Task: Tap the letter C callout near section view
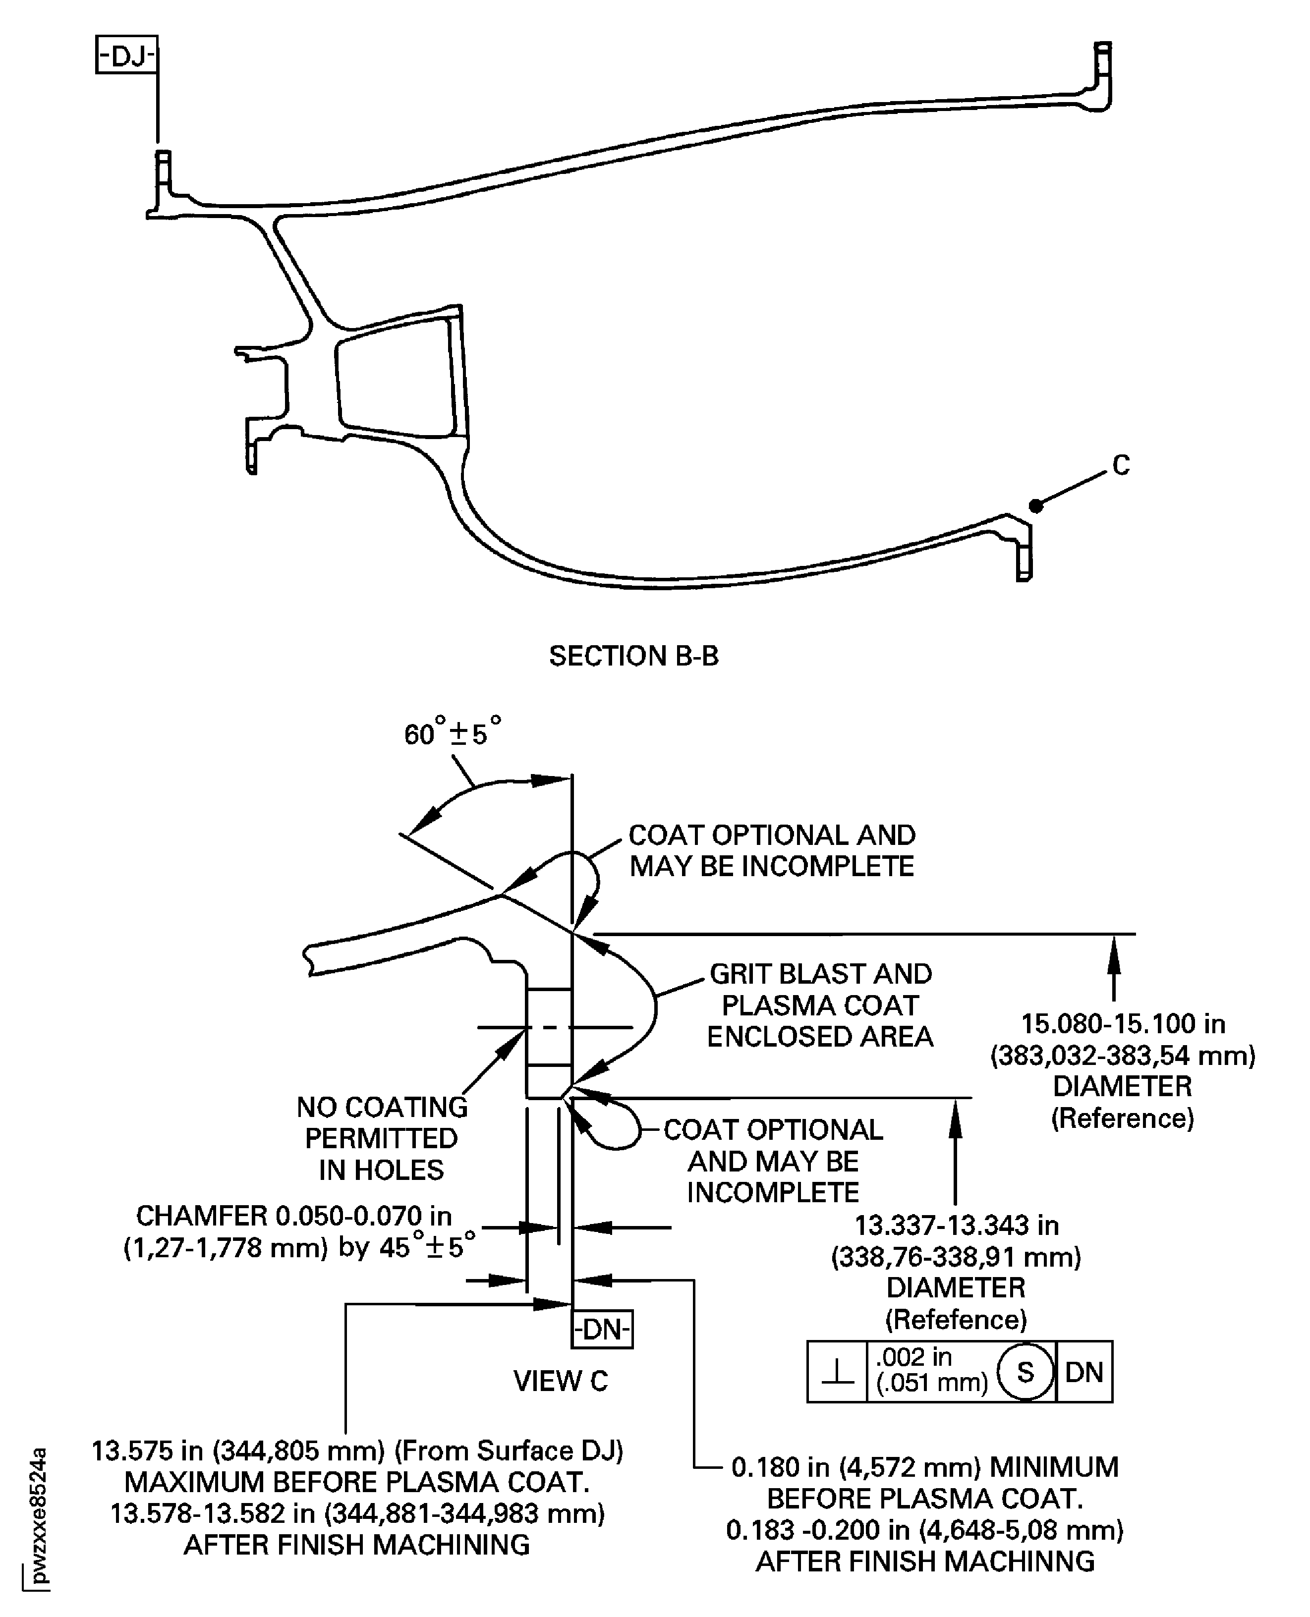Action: pyautogui.click(x=1121, y=465)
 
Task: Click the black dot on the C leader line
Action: pyautogui.click(x=1036, y=505)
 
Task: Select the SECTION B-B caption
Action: pyautogui.click(x=633, y=656)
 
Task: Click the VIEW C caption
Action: pyautogui.click(x=560, y=1381)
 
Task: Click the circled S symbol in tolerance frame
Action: pyautogui.click(x=1025, y=1372)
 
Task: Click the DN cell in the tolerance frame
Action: pyautogui.click(x=1083, y=1372)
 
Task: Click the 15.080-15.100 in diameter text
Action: pyautogui.click(x=1123, y=1024)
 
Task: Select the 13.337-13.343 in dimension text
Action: pyautogui.click(x=956, y=1226)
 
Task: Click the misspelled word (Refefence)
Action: pyautogui.click(x=955, y=1320)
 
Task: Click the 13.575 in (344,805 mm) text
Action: pyautogui.click(x=357, y=1450)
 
